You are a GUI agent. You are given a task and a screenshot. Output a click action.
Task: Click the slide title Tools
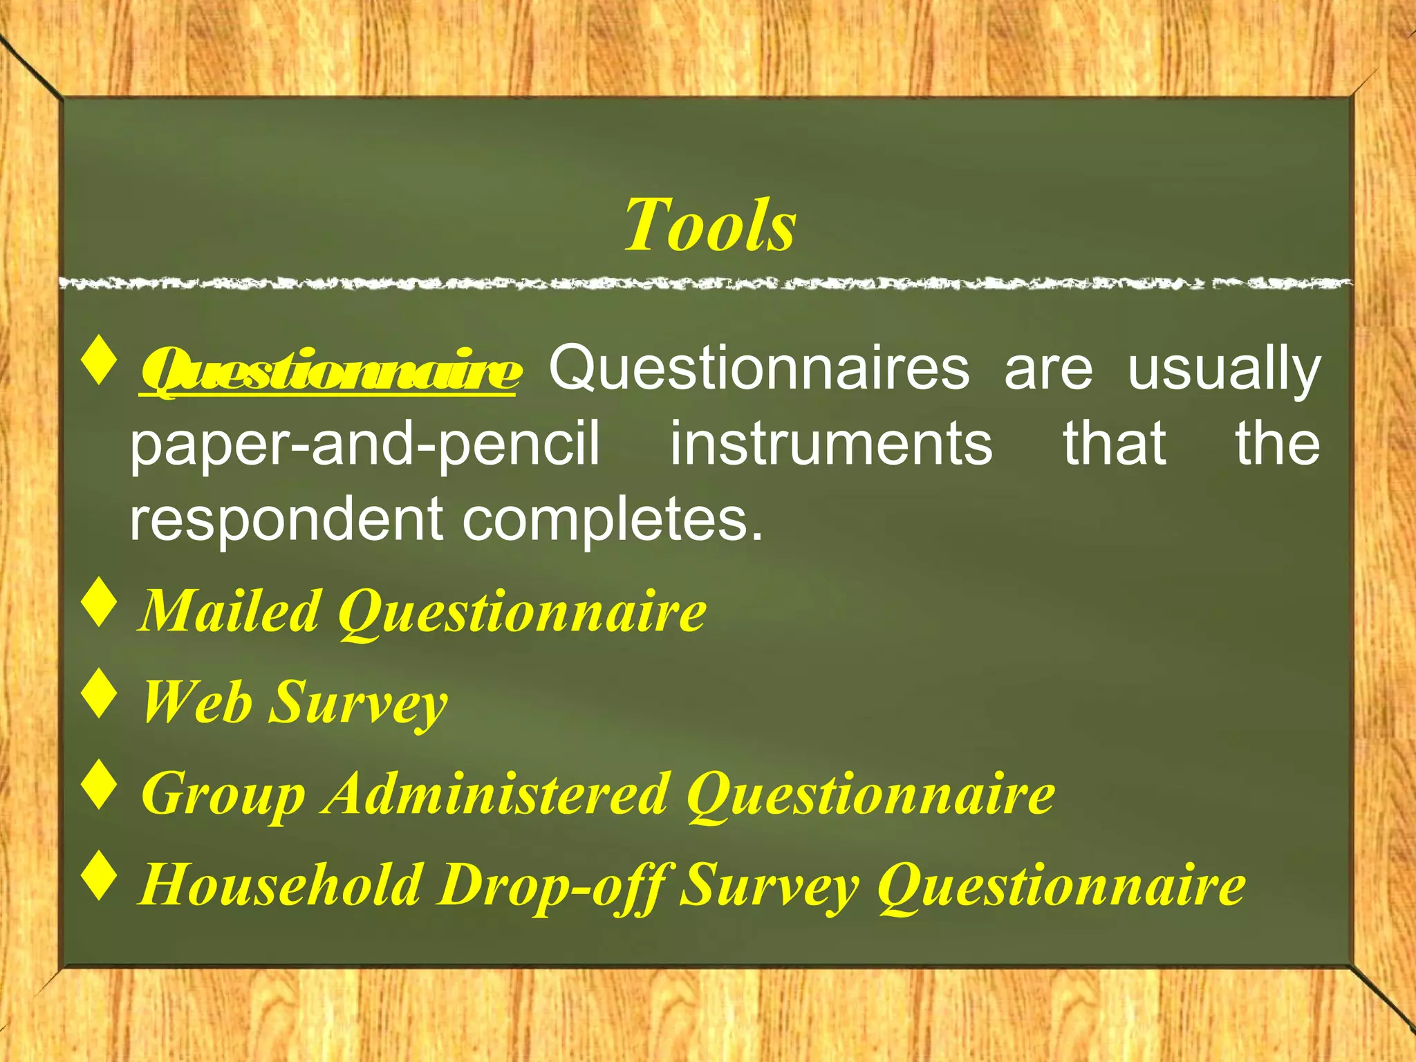pyautogui.click(x=709, y=225)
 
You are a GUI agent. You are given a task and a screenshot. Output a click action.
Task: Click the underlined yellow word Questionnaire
pyautogui.click(x=330, y=371)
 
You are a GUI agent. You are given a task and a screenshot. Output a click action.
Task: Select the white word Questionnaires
pyautogui.click(x=759, y=368)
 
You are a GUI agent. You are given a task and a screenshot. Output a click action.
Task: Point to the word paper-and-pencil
pyautogui.click(x=365, y=444)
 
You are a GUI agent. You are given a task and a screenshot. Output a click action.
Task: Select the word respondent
pyautogui.click(x=286, y=520)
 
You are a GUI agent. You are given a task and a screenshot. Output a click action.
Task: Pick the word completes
pyautogui.click(x=613, y=520)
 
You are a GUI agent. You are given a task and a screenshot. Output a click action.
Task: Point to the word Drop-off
pyautogui.click(x=552, y=885)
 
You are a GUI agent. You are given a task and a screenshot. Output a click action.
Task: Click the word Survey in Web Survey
pyautogui.click(x=358, y=702)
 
